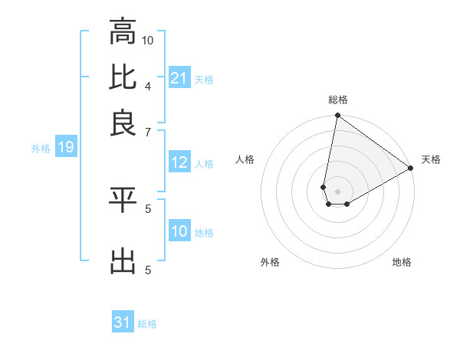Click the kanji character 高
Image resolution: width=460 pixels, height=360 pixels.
pyautogui.click(x=123, y=32)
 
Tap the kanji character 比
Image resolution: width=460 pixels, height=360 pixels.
pyautogui.click(x=123, y=77)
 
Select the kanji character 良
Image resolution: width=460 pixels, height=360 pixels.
pyautogui.click(x=123, y=123)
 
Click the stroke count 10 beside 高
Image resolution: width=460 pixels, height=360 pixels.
pyautogui.click(x=148, y=40)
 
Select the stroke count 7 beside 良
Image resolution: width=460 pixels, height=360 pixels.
pyautogui.click(x=148, y=132)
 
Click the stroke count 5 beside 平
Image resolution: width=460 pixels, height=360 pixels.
pyautogui.click(x=148, y=208)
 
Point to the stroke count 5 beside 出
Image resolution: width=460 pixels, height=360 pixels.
pyautogui.click(x=148, y=270)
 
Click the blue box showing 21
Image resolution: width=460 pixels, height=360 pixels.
pyautogui.click(x=179, y=78)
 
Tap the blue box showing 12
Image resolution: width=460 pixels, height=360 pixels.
pyautogui.click(x=179, y=162)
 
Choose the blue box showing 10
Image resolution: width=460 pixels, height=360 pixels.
pyautogui.click(x=179, y=231)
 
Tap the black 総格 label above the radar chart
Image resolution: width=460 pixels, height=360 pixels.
pyautogui.click(x=338, y=100)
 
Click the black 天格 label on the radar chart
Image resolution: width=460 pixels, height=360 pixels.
pyautogui.click(x=431, y=159)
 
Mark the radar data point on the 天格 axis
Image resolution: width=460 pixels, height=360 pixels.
pyautogui.click(x=411, y=169)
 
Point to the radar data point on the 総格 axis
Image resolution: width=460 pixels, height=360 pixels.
pyautogui.click(x=337, y=116)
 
